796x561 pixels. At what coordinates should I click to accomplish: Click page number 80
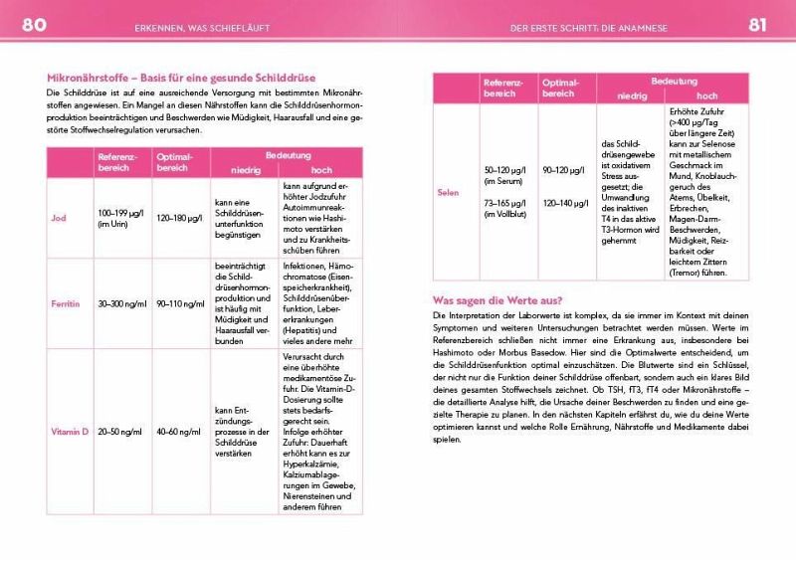(34, 25)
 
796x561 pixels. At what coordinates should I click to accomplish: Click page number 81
(758, 25)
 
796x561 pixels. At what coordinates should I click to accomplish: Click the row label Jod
(59, 218)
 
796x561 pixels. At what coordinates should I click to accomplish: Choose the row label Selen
(448, 192)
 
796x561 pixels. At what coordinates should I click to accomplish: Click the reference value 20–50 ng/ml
(120, 432)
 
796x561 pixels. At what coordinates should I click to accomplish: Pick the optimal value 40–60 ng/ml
(180, 432)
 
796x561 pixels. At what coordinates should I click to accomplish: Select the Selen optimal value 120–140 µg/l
(567, 203)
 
